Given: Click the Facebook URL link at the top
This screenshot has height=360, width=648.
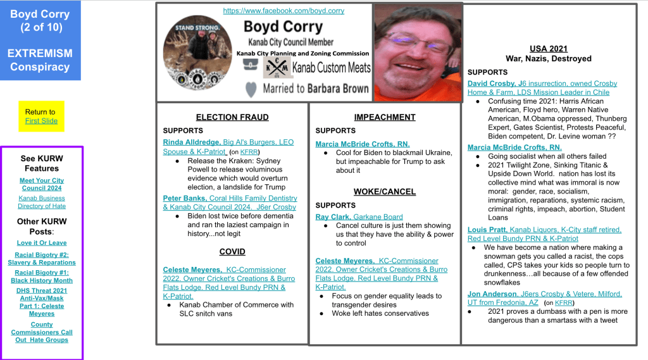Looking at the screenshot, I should coord(283,11).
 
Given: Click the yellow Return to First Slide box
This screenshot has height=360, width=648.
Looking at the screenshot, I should coord(41,116).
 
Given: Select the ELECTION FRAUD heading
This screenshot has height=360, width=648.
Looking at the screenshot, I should coord(232,117).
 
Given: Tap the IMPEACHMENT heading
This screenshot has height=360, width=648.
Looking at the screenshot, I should coord(385,117).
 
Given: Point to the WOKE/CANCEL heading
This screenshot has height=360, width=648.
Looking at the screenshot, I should coord(385,192).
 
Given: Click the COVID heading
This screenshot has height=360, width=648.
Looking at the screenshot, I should coord(232,251).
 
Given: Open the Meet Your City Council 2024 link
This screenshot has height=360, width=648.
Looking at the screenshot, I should coord(42,184).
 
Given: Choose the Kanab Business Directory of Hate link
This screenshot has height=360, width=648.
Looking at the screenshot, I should coord(42,202).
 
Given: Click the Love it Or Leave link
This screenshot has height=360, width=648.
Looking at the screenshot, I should coord(42,243).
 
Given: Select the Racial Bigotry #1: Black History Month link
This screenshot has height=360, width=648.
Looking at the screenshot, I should coord(42,276).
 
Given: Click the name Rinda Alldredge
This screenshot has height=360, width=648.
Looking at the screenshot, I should coord(192,142).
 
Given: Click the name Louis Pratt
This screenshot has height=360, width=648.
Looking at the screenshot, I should coord(487,230).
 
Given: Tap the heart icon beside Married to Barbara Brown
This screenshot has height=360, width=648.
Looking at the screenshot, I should coord(251,89).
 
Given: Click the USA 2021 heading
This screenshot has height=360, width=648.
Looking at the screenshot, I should coord(548,49).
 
